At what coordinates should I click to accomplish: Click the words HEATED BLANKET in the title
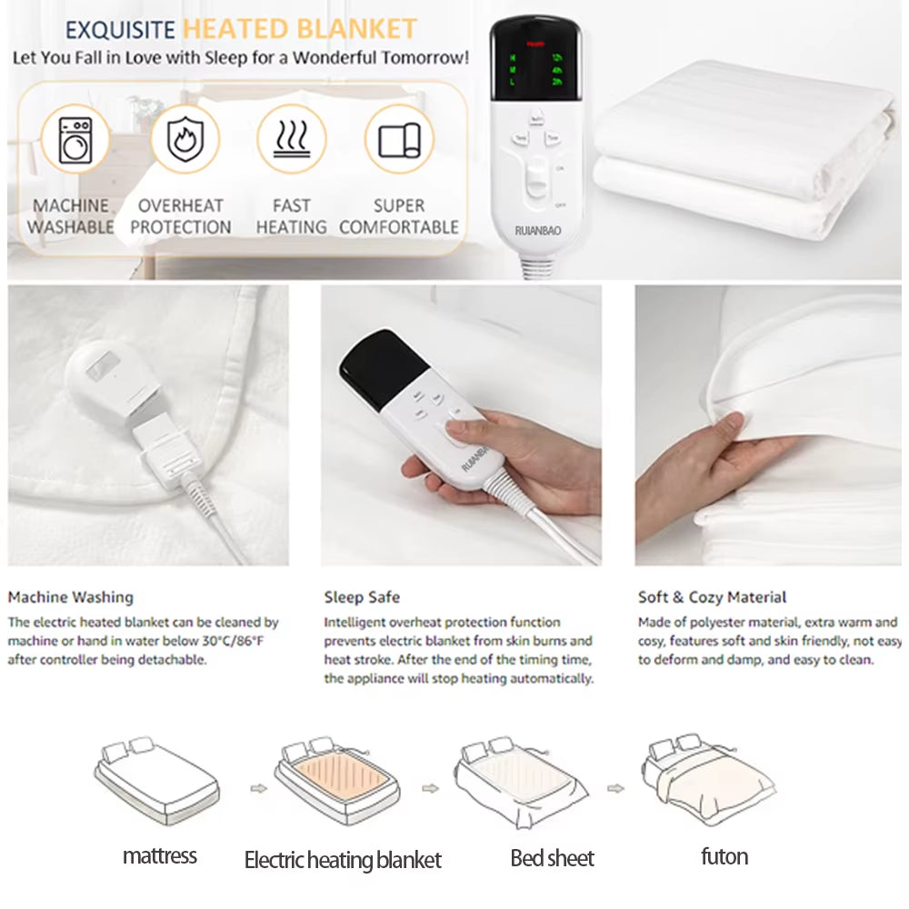click(x=299, y=29)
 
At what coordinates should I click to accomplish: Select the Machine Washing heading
click(x=71, y=597)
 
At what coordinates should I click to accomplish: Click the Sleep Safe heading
click(x=362, y=597)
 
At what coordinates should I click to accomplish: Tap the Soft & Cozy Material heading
click(x=712, y=597)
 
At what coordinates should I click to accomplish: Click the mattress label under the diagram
click(x=160, y=855)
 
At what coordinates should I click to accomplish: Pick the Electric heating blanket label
click(x=343, y=859)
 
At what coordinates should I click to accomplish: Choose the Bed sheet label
click(x=552, y=858)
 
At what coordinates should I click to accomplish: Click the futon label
click(x=724, y=856)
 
